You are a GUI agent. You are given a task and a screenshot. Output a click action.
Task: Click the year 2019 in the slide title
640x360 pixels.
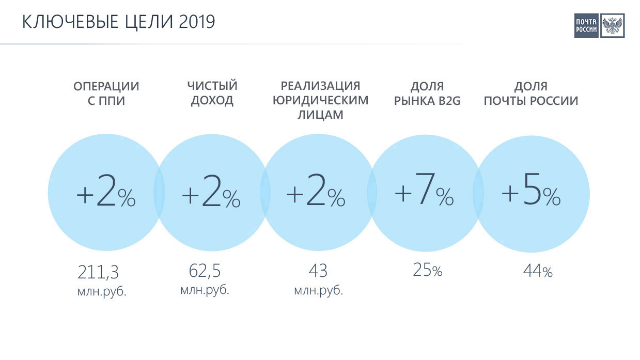point(197,22)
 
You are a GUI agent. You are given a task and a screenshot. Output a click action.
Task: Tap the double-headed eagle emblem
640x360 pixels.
point(612,26)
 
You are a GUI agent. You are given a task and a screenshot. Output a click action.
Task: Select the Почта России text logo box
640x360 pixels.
point(586,26)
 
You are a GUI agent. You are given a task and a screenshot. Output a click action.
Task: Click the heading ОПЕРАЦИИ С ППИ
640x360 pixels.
point(106,93)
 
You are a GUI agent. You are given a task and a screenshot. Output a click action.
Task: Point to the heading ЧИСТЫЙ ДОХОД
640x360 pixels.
point(212,93)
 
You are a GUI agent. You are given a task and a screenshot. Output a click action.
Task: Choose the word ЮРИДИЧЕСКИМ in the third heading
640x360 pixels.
point(321,100)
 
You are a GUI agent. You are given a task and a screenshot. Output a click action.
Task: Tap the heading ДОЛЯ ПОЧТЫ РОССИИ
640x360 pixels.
point(531,93)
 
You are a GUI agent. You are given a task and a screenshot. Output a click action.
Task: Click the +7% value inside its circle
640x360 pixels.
point(424,189)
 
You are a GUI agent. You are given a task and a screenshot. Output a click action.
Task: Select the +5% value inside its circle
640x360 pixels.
point(531,189)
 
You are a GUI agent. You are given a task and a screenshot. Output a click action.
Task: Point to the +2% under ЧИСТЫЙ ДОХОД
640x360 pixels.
point(211,190)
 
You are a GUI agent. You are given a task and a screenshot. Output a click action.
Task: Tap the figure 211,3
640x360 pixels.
point(98,272)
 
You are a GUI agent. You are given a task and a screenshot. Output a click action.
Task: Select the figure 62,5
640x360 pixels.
point(205,271)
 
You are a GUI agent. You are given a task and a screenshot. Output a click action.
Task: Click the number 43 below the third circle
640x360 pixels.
point(318,271)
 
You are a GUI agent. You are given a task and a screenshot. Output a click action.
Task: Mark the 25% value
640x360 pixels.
point(427,270)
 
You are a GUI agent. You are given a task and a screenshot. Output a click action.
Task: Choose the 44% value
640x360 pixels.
point(538,271)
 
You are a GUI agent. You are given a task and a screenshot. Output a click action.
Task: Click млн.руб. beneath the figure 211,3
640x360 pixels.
point(102,292)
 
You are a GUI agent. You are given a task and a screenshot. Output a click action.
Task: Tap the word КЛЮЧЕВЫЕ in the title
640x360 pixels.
point(70,22)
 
